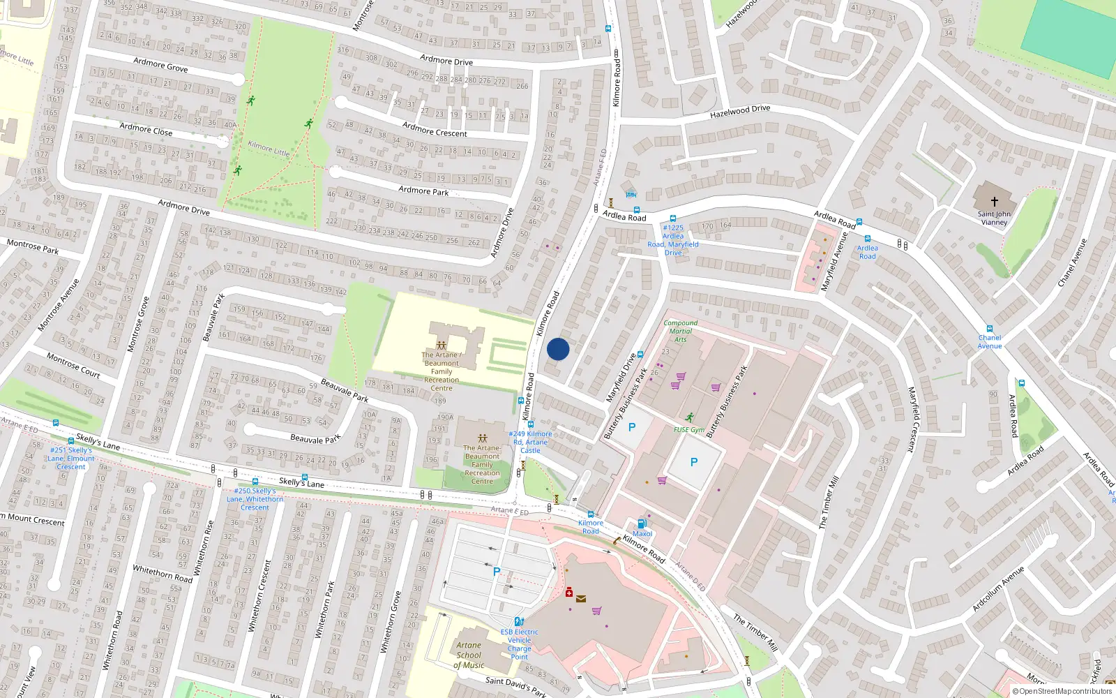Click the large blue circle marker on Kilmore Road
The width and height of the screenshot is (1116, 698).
558,349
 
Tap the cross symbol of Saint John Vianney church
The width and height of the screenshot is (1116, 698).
994,201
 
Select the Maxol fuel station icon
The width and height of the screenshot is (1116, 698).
642,523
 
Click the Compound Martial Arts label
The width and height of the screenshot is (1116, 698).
680,331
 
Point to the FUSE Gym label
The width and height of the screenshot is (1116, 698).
688,430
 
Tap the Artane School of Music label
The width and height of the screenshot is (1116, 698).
469,655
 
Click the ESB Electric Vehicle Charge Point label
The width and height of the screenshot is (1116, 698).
519,644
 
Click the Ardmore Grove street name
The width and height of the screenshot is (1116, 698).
160,65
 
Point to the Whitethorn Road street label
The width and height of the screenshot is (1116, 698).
163,574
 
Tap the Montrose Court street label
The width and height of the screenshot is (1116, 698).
73,365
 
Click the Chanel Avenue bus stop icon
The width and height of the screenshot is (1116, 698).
989,329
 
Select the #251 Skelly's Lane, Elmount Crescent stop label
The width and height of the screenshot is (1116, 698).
71,458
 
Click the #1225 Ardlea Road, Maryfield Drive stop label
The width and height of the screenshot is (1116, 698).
672,240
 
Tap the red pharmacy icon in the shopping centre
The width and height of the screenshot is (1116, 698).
568,593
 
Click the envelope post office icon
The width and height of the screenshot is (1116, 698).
581,598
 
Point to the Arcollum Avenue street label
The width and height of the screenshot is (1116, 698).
998,588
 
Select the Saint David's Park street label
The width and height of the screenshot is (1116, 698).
515,686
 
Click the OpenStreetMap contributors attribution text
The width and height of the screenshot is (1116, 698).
1062,692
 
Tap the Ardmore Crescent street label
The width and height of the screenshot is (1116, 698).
435,129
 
